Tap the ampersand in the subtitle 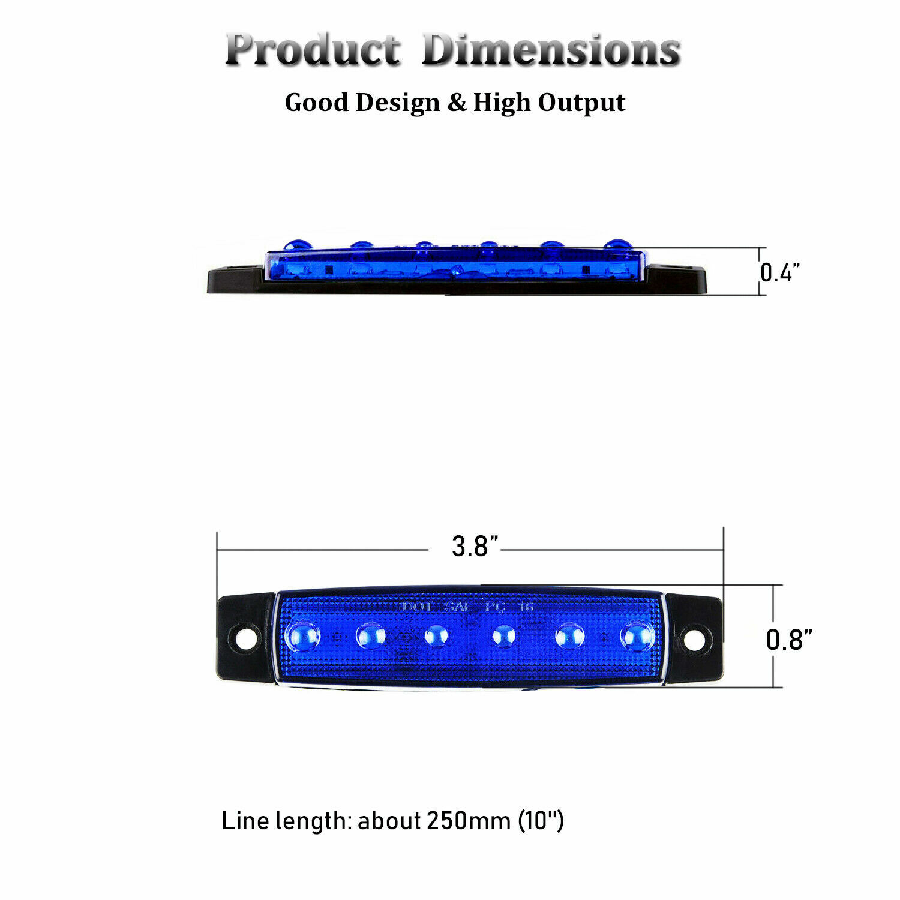pyautogui.click(x=457, y=103)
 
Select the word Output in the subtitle pyautogui.click(x=581, y=103)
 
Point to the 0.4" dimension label pyautogui.click(x=780, y=272)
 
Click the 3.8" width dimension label pyautogui.click(x=475, y=547)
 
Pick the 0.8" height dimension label pyautogui.click(x=789, y=640)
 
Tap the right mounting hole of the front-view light pyautogui.click(x=694, y=640)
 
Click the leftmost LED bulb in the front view pyautogui.click(x=302, y=635)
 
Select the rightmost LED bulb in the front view pyautogui.click(x=637, y=635)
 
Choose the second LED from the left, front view pyautogui.click(x=371, y=635)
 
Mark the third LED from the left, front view pyautogui.click(x=437, y=635)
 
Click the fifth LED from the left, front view pyautogui.click(x=569, y=635)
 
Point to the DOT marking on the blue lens pyautogui.click(x=416, y=607)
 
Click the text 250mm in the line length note pyautogui.click(x=468, y=820)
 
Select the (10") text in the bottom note pyautogui.click(x=541, y=820)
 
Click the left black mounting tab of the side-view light pyautogui.click(x=235, y=281)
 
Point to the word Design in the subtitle pyautogui.click(x=397, y=103)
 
